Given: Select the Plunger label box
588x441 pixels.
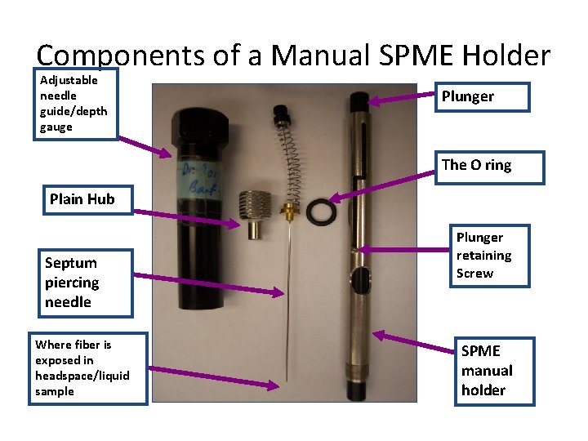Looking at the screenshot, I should tap(483, 96).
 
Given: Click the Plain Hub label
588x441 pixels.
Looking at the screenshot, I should tap(82, 198).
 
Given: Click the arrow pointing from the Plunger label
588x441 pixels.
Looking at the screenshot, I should tap(400, 100).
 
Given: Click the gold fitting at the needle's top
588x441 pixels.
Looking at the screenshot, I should tap(288, 214).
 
